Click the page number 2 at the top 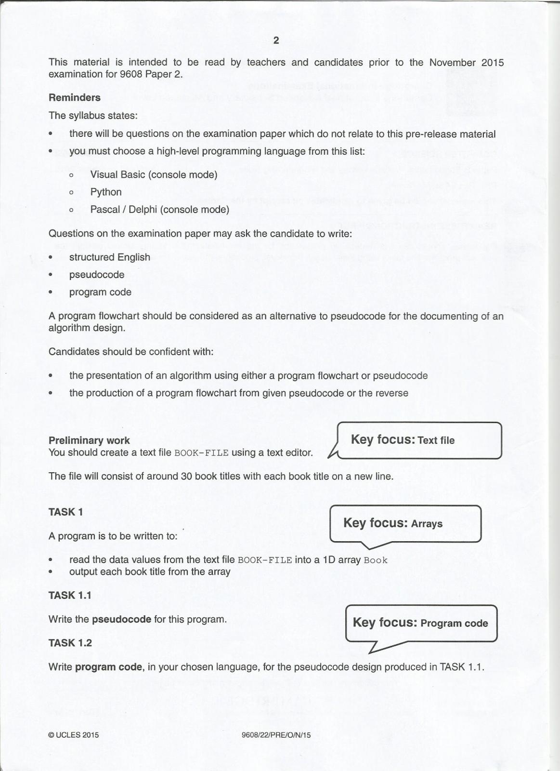276,40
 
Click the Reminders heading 75,97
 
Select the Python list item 106,192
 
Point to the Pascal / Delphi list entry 159,209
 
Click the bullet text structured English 110,257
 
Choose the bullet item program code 100,292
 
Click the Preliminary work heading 89,440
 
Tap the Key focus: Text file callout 419,440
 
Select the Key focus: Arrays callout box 405,523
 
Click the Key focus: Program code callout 421,623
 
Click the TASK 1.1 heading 70,596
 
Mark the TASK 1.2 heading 70,643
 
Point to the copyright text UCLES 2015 74,735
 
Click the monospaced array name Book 376,560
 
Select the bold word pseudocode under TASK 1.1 121,619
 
